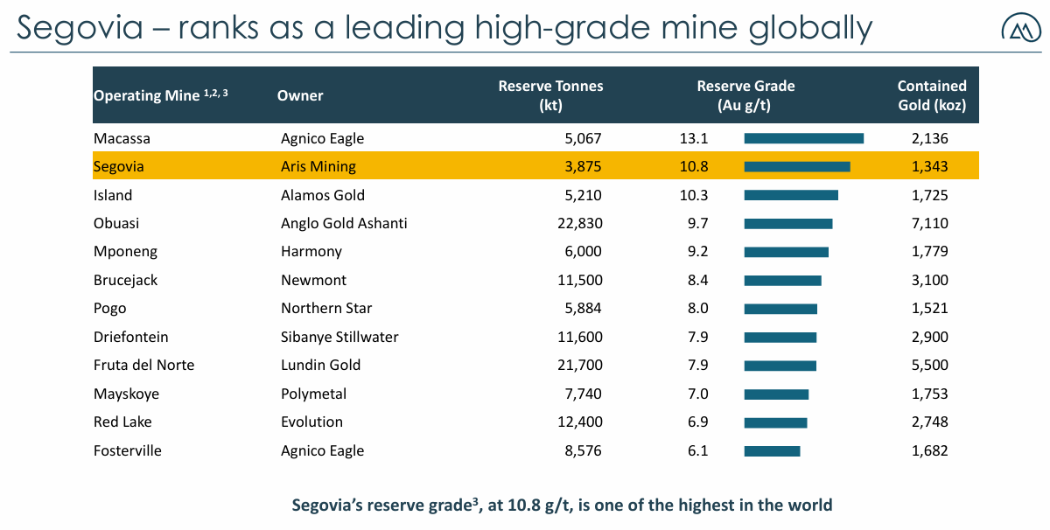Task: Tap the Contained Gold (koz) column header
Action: tap(932, 95)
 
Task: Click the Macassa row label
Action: tap(121, 138)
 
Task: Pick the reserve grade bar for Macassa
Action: tap(803, 138)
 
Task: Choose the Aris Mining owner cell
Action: tap(318, 166)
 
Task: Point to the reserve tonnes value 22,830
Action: tap(579, 223)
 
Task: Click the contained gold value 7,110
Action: tap(929, 223)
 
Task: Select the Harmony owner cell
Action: tap(311, 252)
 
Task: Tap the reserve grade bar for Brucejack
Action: tap(782, 281)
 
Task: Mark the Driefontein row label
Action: tap(131, 337)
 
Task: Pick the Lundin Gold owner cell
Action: tap(320, 366)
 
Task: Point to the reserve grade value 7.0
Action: tap(697, 394)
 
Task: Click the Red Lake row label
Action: tap(122, 422)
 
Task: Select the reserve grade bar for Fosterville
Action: tap(772, 451)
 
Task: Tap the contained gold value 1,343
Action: tap(929, 166)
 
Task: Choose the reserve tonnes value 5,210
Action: tap(582, 195)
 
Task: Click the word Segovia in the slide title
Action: tap(80, 28)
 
